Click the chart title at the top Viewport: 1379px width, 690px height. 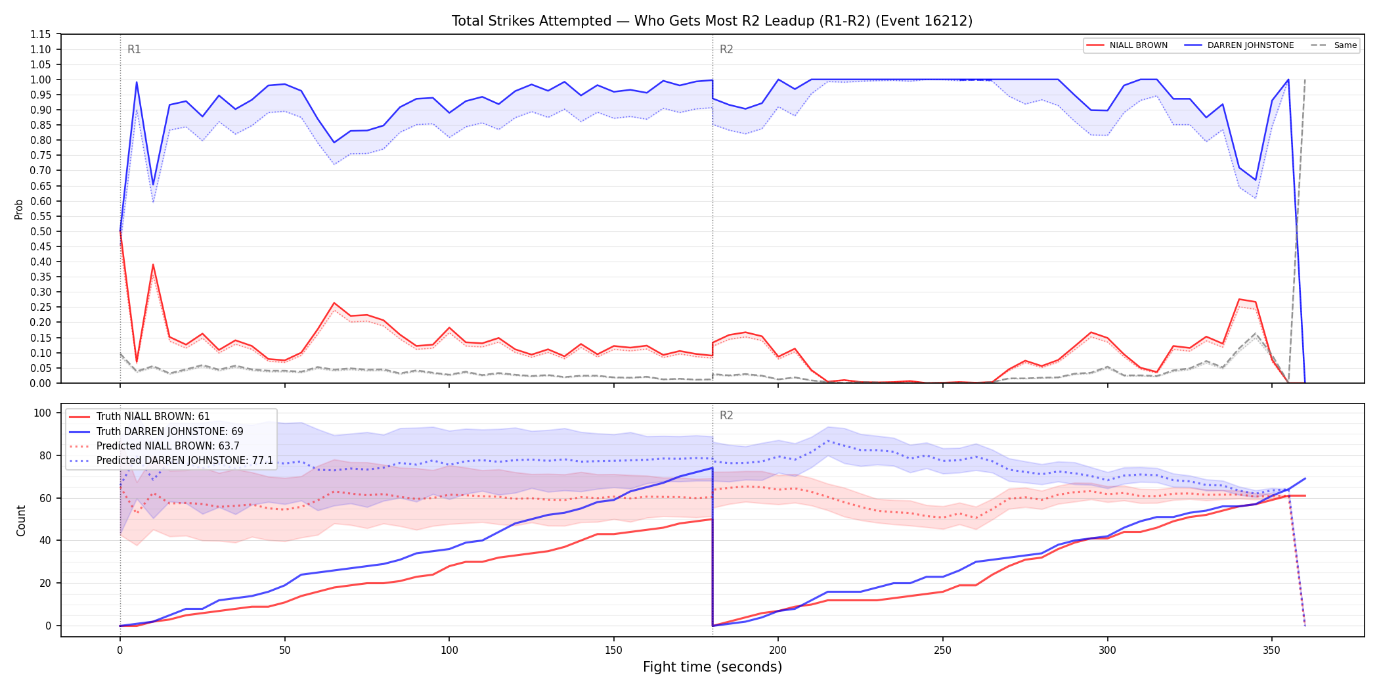pyautogui.click(x=712, y=21)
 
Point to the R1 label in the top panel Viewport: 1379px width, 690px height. pyautogui.click(x=134, y=49)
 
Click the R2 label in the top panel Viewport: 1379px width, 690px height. pyautogui.click(x=726, y=49)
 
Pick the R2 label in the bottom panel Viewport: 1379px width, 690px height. pyautogui.click(x=726, y=415)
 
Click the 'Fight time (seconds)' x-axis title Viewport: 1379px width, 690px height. pyautogui.click(x=712, y=667)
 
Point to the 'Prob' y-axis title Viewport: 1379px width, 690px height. pyautogui.click(x=19, y=209)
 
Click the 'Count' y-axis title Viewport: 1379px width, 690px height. pyautogui.click(x=21, y=520)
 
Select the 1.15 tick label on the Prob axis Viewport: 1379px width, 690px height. pyautogui.click(x=41, y=34)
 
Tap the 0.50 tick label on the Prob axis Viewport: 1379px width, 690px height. pyautogui.click(x=41, y=231)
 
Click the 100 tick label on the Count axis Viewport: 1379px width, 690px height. pyautogui.click(x=43, y=413)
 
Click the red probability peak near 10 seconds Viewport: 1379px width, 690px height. pyautogui.click(x=153, y=265)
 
